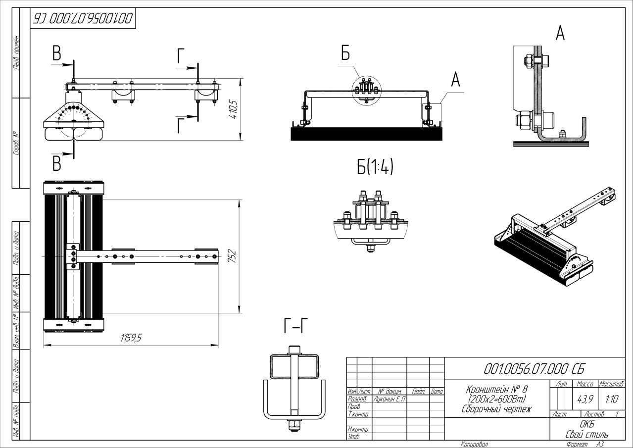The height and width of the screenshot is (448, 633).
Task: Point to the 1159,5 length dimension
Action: click(132, 338)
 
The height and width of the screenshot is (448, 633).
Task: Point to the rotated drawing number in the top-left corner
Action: click(83, 18)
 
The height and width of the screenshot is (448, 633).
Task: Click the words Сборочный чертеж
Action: click(496, 409)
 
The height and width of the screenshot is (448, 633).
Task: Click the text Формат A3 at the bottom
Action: click(586, 444)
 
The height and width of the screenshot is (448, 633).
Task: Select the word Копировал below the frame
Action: click(474, 444)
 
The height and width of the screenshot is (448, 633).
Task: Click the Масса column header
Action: click(585, 384)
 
